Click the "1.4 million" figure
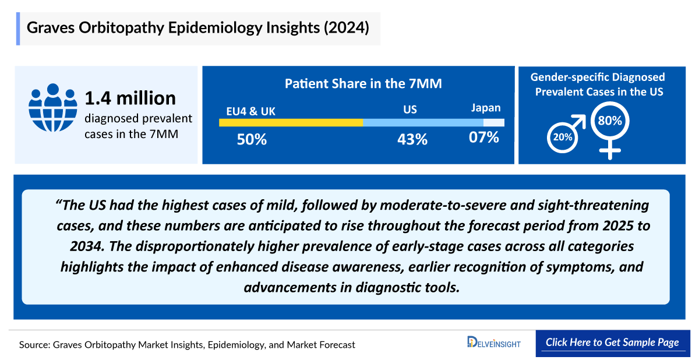click(x=130, y=98)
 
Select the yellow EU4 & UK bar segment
click(x=291, y=122)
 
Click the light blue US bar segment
click(x=423, y=122)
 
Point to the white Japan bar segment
click(x=493, y=122)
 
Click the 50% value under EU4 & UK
click(x=252, y=139)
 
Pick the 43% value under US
click(x=412, y=139)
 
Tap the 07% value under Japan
click(x=485, y=138)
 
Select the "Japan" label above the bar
click(x=486, y=108)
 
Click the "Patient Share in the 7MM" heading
click(x=363, y=84)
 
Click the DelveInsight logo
click(x=493, y=343)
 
